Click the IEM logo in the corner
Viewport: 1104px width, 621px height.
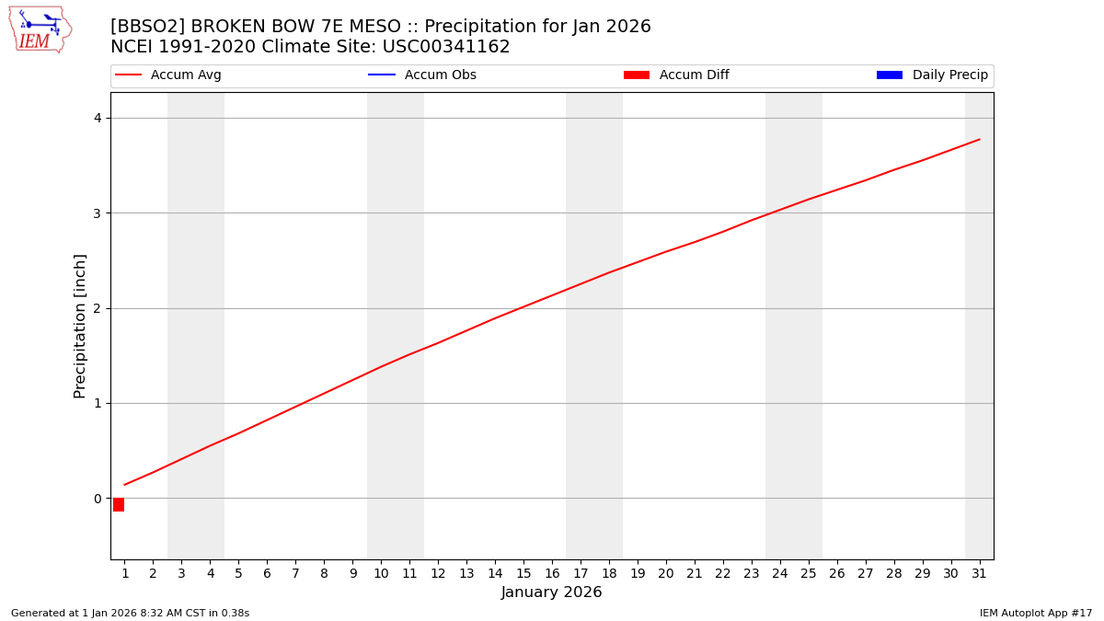[x=40, y=29]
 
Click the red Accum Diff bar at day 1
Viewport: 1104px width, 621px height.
[x=119, y=504]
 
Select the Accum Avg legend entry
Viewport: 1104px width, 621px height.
[x=185, y=75]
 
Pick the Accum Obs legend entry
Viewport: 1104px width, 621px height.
[x=440, y=75]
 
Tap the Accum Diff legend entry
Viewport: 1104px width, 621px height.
[x=694, y=75]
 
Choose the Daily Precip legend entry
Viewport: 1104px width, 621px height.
[x=949, y=75]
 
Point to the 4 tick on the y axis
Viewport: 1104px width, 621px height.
[x=97, y=118]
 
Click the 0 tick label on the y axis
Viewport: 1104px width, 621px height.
[x=97, y=499]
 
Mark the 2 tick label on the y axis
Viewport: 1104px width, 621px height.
[x=97, y=308]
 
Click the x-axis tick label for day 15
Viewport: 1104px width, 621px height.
[x=523, y=573]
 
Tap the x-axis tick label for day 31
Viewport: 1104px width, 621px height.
[x=979, y=573]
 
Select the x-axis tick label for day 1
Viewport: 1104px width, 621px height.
[x=125, y=573]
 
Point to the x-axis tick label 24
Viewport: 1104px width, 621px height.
[x=779, y=573]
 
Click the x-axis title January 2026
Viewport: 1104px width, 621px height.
[x=551, y=592]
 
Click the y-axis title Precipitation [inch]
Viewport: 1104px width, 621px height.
[x=80, y=326]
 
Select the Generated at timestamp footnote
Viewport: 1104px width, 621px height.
[x=130, y=613]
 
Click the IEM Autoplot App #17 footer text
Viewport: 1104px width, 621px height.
[x=1036, y=613]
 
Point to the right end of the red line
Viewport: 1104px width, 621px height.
[x=979, y=140]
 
